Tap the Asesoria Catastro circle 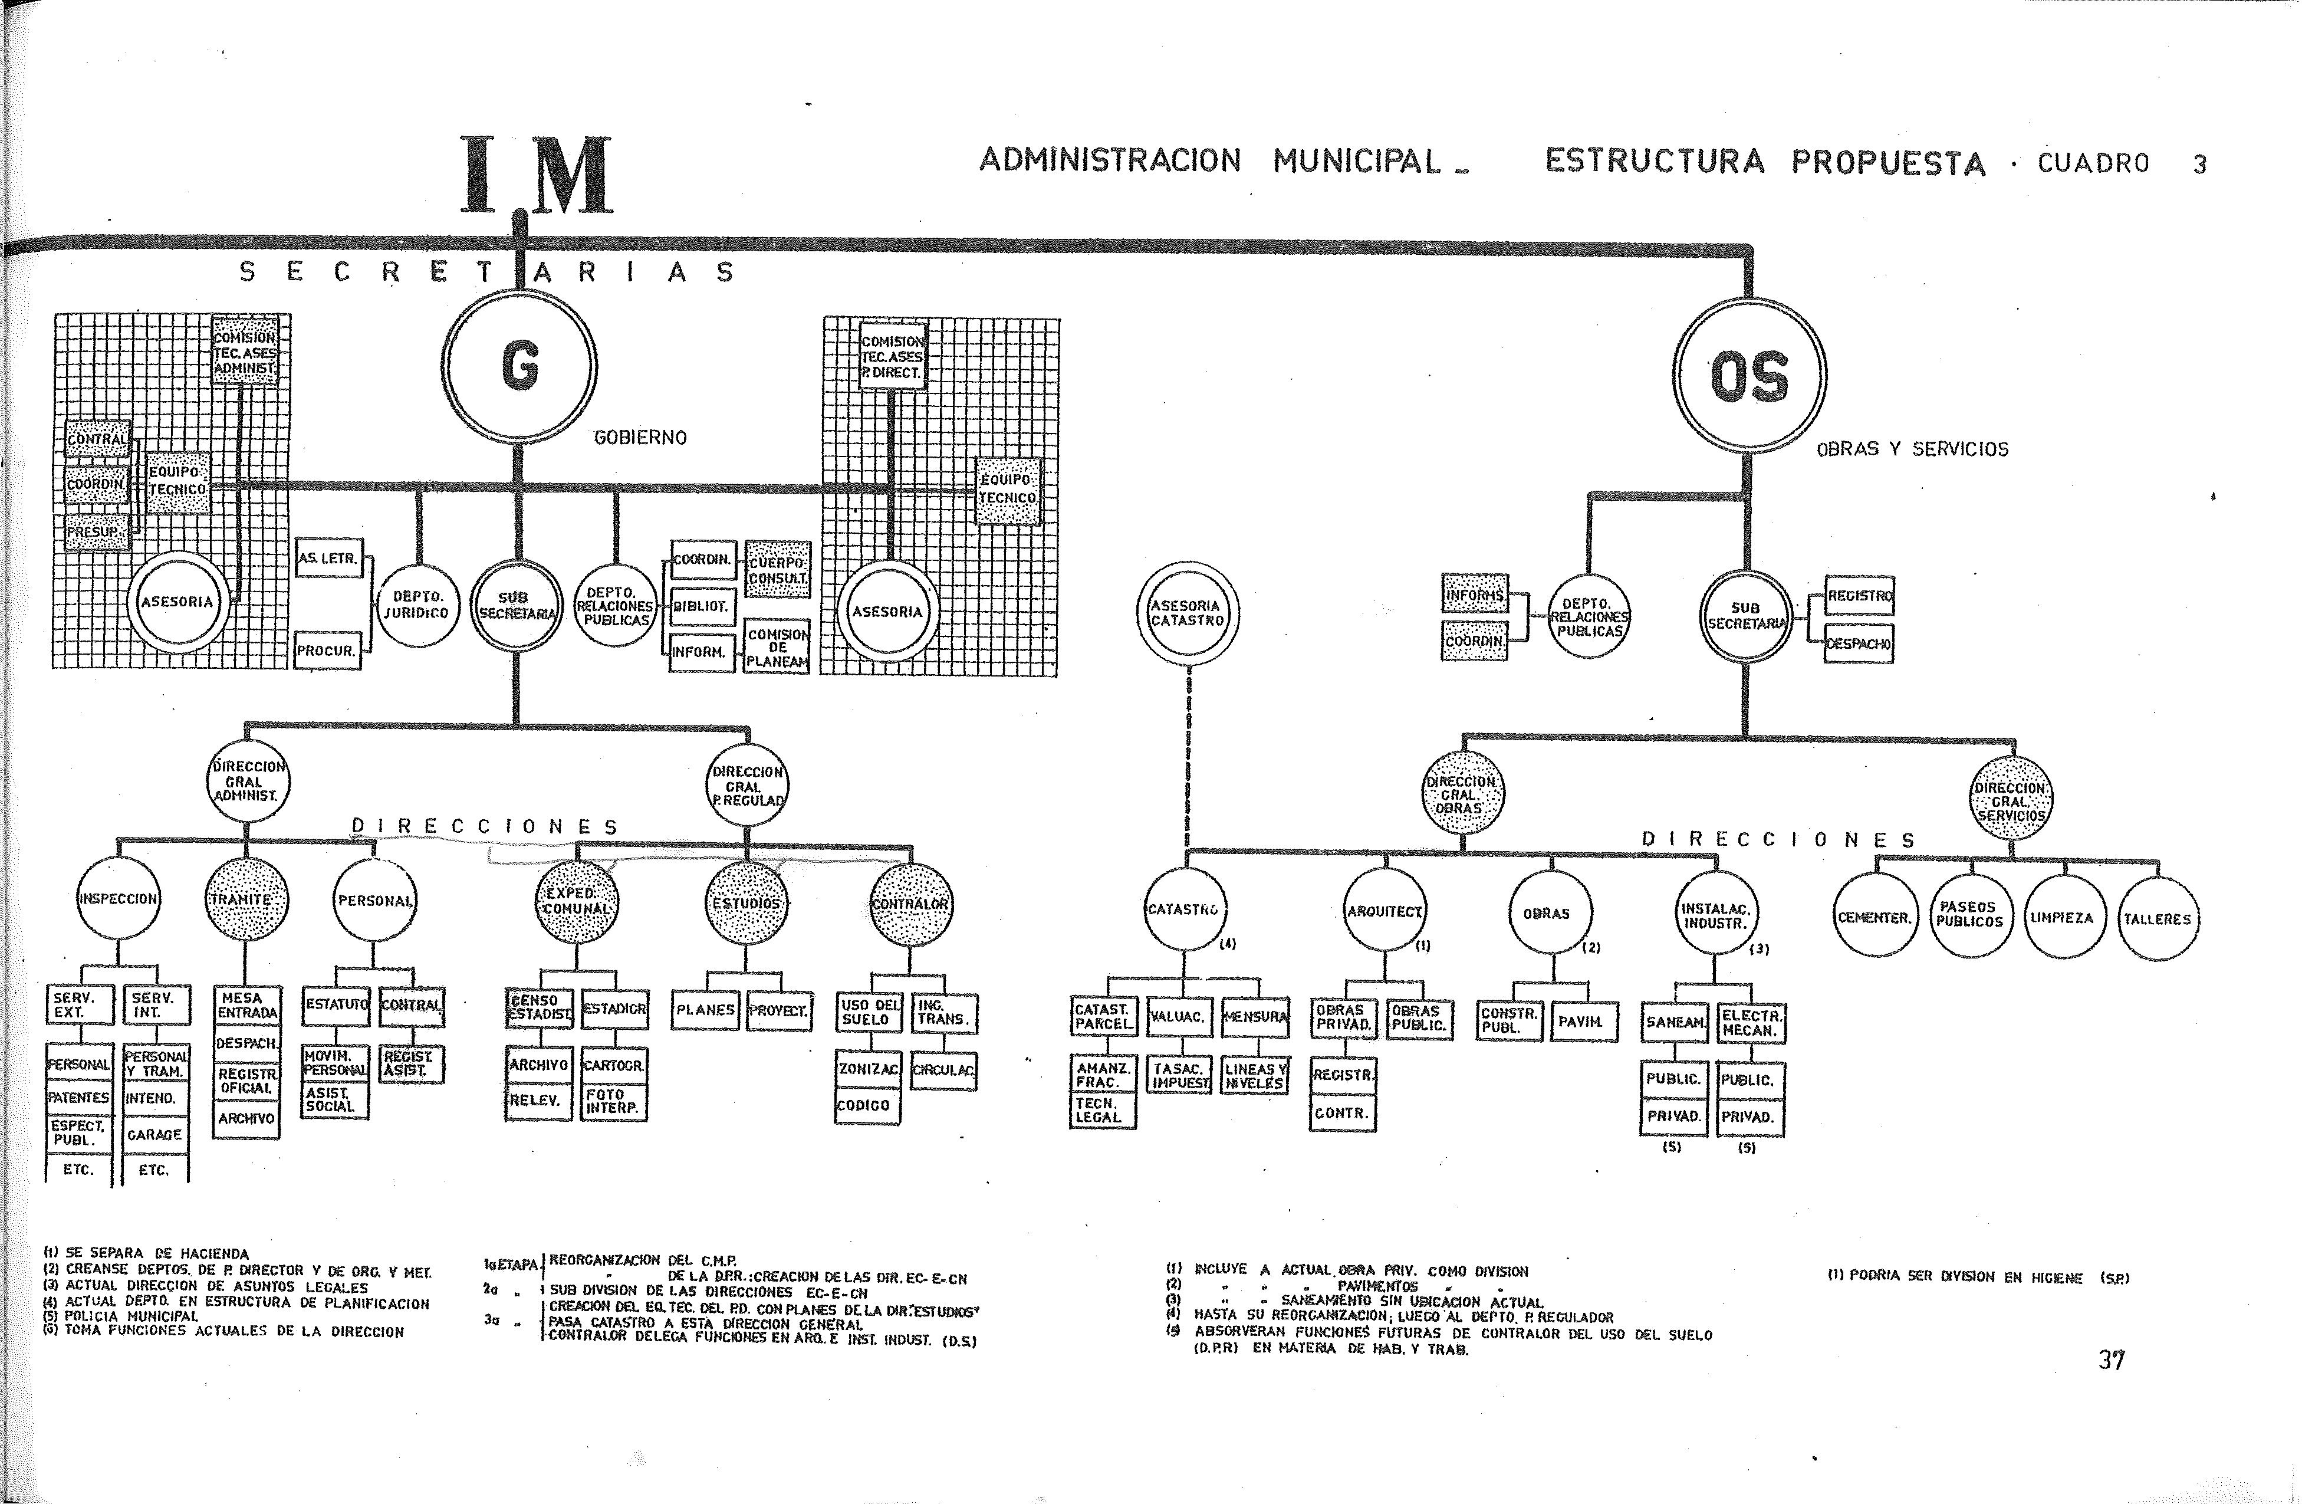click(1188, 612)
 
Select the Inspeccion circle click(118, 898)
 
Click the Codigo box click(867, 1105)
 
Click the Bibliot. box click(702, 606)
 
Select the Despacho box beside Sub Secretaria click(1858, 643)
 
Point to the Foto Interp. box click(613, 1102)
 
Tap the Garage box click(154, 1135)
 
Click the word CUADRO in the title click(2093, 163)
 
